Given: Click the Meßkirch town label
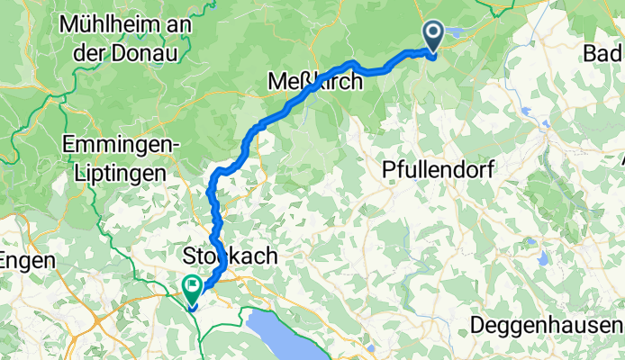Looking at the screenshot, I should [317, 82].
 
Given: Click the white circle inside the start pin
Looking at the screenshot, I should [432, 33].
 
